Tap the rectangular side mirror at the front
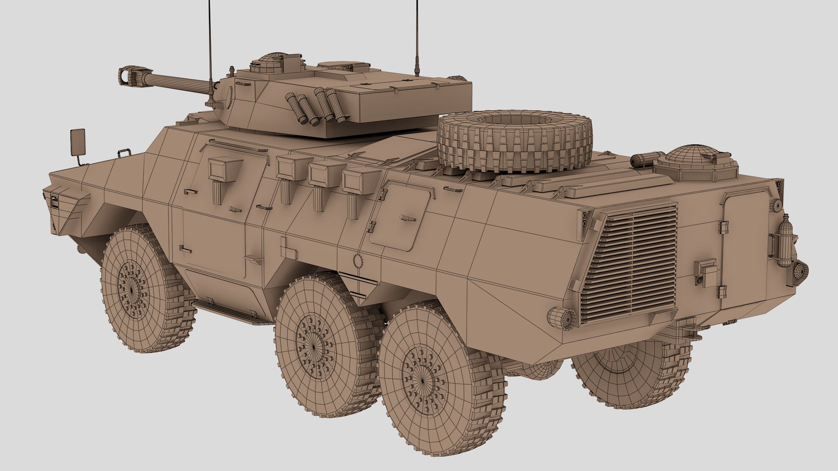click(78, 142)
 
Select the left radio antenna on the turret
click(211, 44)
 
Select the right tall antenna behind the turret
click(416, 39)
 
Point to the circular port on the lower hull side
click(358, 261)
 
